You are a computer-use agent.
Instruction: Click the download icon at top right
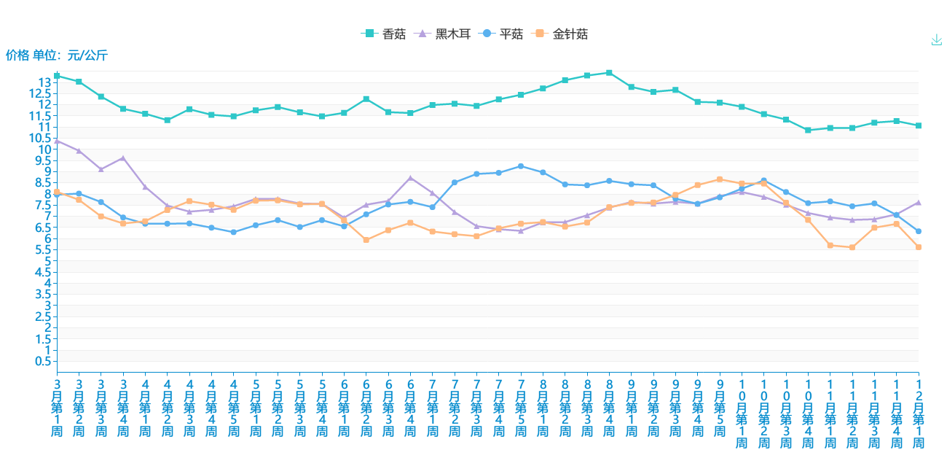937,40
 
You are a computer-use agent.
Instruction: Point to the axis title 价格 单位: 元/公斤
57,55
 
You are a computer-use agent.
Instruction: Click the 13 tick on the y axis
45,82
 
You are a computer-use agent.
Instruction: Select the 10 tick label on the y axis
45,149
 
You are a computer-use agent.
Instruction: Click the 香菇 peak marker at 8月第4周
609,73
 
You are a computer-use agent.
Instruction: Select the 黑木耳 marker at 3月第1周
57,140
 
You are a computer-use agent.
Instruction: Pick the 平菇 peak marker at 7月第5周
521,166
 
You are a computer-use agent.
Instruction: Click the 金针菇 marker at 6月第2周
366,240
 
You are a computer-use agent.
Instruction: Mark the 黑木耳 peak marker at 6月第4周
410,178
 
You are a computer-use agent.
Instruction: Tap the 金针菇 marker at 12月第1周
919,247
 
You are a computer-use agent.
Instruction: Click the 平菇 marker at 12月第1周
919,231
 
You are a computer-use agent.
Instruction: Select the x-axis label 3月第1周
57,407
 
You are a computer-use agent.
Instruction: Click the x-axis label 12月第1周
919,413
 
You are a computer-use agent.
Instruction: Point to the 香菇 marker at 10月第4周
808,130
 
